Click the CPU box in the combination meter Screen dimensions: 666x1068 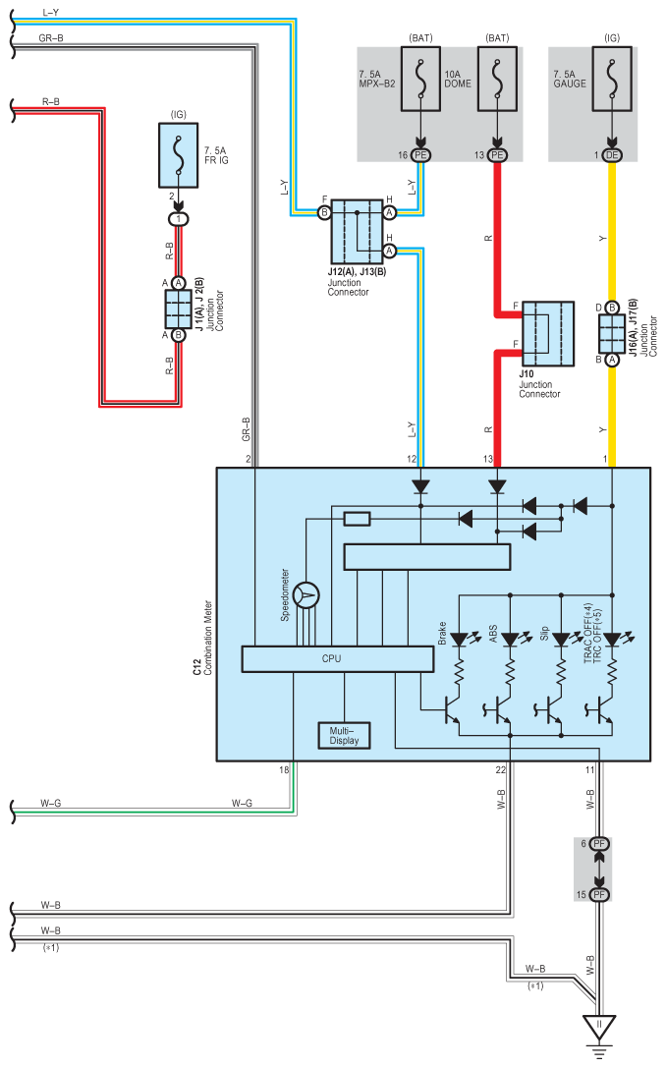click(x=337, y=658)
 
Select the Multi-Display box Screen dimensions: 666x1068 click(x=344, y=736)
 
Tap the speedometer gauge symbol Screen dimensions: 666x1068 click(x=305, y=595)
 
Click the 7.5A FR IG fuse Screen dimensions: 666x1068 click(x=179, y=155)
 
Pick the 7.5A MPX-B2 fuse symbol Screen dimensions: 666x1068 click(x=420, y=79)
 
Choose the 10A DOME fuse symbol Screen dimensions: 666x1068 click(x=497, y=79)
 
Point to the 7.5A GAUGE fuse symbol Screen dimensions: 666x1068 click(x=612, y=79)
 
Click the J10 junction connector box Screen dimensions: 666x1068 click(x=547, y=334)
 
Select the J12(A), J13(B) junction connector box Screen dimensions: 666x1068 click(x=357, y=232)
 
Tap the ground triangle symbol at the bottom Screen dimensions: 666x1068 click(x=599, y=1027)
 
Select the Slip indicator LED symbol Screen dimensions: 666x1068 click(x=562, y=639)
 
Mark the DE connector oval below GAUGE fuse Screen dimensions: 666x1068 click(x=612, y=155)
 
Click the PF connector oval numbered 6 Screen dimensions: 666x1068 click(x=599, y=844)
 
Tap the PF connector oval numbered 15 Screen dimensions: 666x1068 click(x=599, y=894)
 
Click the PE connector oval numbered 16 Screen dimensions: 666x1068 click(x=420, y=155)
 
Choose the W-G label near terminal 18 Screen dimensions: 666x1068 click(x=242, y=803)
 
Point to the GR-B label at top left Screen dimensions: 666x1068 click(x=51, y=38)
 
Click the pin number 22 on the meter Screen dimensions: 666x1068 click(x=501, y=769)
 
